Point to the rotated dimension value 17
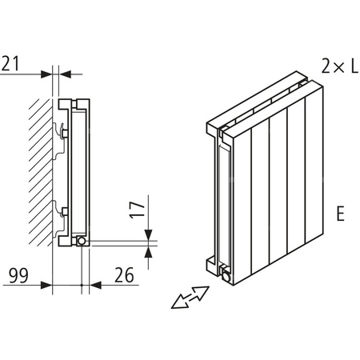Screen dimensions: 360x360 pos(136,211)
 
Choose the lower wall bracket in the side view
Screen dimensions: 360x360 pos(61,212)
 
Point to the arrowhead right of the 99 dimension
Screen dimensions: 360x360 pos(47,283)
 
